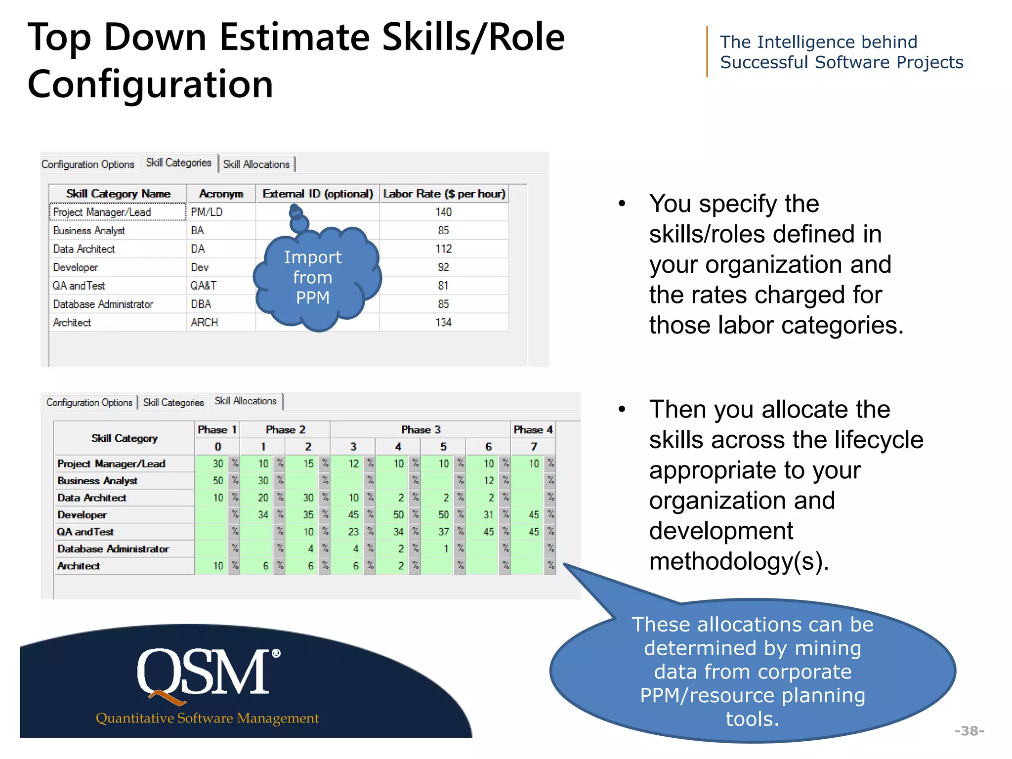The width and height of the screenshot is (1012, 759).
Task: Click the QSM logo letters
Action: point(204,672)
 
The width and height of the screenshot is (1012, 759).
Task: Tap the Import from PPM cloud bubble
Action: point(313,278)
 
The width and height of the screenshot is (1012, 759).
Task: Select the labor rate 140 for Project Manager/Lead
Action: point(443,212)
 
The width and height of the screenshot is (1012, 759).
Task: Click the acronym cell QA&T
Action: point(203,286)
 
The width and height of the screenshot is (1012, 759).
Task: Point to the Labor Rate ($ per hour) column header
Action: point(444,194)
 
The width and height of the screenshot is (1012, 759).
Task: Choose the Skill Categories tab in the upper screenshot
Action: point(178,163)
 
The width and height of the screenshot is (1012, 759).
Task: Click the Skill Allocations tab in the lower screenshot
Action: point(245,401)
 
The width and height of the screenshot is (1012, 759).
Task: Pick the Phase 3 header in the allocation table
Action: point(421,429)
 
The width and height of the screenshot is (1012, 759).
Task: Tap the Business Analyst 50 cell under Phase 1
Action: point(217,480)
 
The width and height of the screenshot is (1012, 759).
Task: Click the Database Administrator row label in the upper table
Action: point(103,304)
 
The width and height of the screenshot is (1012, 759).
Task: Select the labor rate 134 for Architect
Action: point(443,322)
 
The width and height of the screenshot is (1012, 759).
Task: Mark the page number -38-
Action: point(969,730)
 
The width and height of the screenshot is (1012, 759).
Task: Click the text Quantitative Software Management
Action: point(207,718)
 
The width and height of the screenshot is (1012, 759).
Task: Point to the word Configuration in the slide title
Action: point(150,84)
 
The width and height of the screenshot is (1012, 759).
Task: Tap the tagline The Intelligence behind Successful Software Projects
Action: point(841,52)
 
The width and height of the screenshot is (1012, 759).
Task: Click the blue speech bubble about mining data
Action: point(752,671)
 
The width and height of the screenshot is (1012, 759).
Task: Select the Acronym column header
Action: point(221,194)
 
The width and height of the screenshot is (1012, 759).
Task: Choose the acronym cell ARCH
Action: point(204,322)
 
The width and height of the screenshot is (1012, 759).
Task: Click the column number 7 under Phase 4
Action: point(534,446)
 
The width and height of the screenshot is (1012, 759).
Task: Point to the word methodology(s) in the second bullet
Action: point(738,561)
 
